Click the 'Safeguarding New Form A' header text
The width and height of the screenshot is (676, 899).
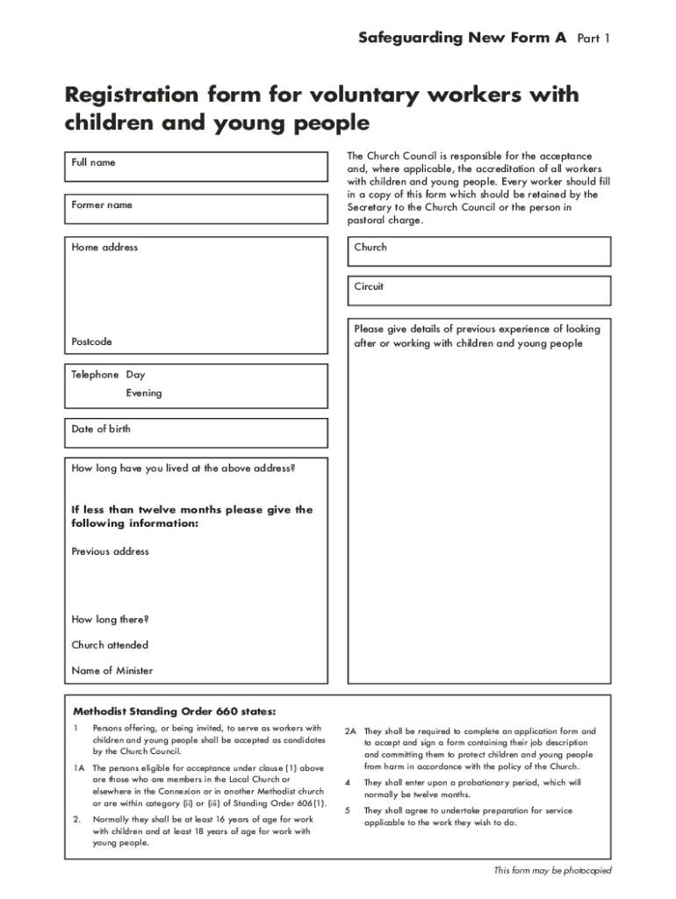tap(462, 38)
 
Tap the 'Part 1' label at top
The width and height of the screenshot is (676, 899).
tap(593, 39)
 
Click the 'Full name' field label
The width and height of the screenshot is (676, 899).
tap(93, 162)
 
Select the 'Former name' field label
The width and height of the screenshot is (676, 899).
tap(102, 205)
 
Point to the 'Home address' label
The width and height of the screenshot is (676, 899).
tap(104, 248)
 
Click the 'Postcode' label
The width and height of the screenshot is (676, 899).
tap(91, 342)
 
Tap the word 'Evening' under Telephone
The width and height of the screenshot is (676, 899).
tap(143, 393)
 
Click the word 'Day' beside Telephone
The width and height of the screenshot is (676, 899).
tap(135, 375)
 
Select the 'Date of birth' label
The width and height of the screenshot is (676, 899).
tap(101, 429)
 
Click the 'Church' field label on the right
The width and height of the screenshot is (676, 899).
tap(370, 248)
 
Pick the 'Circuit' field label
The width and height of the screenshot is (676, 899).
tap(369, 287)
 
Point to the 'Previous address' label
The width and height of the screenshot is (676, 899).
tap(110, 551)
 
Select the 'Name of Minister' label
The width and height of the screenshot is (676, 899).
tap(111, 671)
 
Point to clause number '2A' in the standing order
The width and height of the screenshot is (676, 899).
tap(349, 731)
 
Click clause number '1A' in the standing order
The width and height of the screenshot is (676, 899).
tap(78, 768)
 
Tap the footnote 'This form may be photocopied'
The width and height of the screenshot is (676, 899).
tap(552, 871)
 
